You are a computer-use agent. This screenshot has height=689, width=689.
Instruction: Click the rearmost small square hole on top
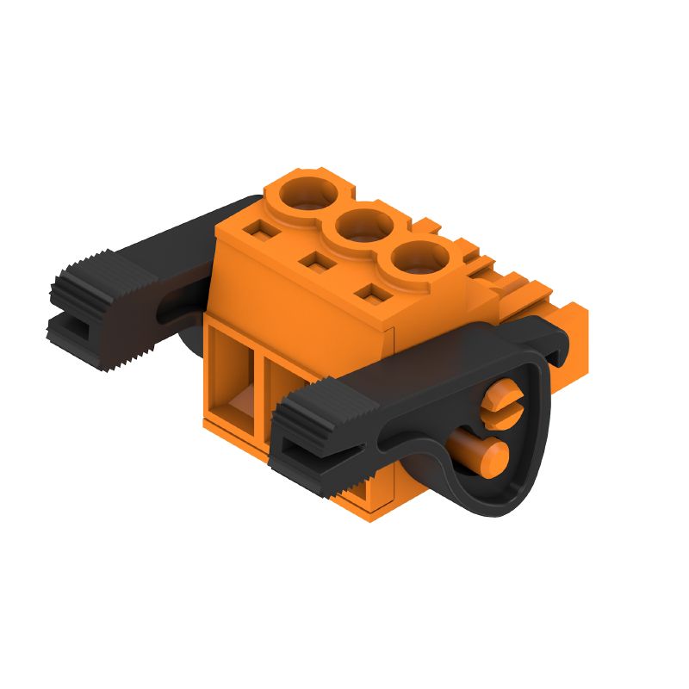[x=257, y=230]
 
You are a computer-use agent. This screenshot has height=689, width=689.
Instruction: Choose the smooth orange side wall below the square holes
[x=301, y=301]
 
